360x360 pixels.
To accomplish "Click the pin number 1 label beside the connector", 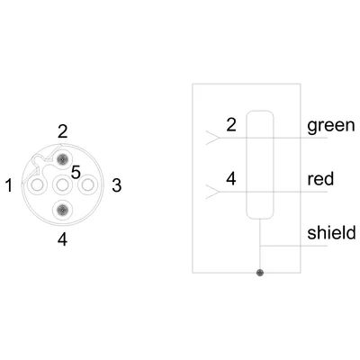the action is point(9,185).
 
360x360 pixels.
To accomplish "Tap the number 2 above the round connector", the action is point(62,131).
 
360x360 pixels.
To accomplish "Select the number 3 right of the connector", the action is point(117,185).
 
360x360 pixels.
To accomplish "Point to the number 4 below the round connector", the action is point(62,239).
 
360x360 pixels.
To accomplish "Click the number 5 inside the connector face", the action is point(76,173).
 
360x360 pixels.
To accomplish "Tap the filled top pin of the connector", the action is point(62,160).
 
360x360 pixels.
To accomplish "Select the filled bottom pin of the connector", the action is point(62,210).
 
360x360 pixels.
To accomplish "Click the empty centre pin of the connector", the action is point(62,185).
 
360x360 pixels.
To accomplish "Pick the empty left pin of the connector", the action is point(37,185).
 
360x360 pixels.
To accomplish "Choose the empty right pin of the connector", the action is point(87,185).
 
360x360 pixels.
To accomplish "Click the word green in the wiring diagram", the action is point(331,126).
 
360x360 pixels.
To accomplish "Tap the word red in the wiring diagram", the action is point(320,179).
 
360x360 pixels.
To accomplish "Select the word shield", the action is point(331,232).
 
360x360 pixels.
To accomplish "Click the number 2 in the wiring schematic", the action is point(231,125).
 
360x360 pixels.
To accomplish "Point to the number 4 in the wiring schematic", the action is point(231,179).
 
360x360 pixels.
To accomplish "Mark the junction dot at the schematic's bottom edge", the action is point(260,273).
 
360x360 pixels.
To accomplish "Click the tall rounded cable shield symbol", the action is point(247,165).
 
